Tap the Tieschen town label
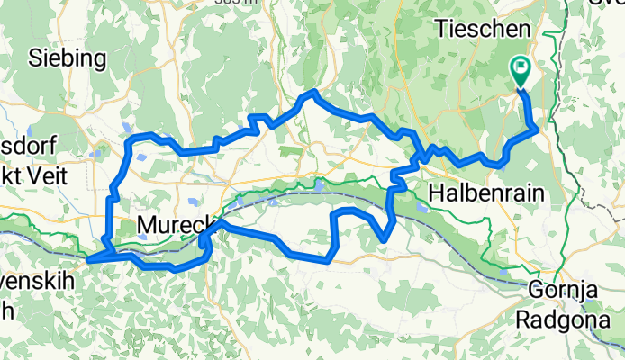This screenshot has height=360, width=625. (x=483, y=29)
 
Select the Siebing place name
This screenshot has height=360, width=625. (x=68, y=59)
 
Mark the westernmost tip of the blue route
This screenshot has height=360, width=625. (x=88, y=261)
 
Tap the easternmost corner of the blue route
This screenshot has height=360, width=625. (x=538, y=129)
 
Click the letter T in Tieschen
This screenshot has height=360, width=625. (x=441, y=29)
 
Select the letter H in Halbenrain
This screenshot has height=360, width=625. (x=438, y=193)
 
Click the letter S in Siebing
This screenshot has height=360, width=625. (x=35, y=59)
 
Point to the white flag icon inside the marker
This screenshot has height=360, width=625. (x=521, y=67)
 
